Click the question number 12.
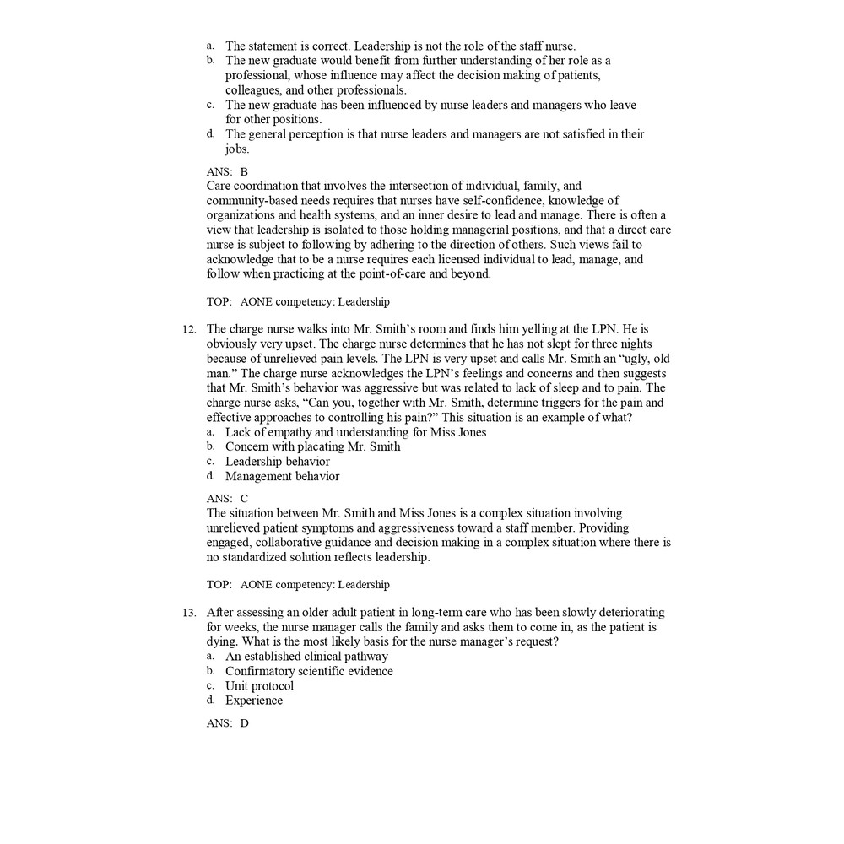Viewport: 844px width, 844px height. [190, 329]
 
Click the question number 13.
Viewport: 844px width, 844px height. [190, 613]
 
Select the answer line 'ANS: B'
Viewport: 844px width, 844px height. [227, 171]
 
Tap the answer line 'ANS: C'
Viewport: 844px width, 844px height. [227, 498]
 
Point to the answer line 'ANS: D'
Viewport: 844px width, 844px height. [227, 723]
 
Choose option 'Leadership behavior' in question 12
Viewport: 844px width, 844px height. [277, 462]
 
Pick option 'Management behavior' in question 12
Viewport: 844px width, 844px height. [282, 476]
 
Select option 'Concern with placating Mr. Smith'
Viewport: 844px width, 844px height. [312, 446]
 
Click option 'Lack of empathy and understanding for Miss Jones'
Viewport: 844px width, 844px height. [355, 432]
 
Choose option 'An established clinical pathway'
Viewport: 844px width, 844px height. [306, 656]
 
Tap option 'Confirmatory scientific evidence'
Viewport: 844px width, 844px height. [309, 671]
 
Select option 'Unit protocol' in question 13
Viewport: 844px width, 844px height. [259, 685]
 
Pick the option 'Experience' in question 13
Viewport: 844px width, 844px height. [253, 701]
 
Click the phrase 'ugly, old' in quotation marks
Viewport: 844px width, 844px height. [644, 359]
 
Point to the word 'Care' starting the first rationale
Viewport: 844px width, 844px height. [219, 186]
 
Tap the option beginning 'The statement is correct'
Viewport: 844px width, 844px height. [400, 46]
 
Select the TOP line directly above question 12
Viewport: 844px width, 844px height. [298, 301]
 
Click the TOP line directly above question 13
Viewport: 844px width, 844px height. [298, 584]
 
